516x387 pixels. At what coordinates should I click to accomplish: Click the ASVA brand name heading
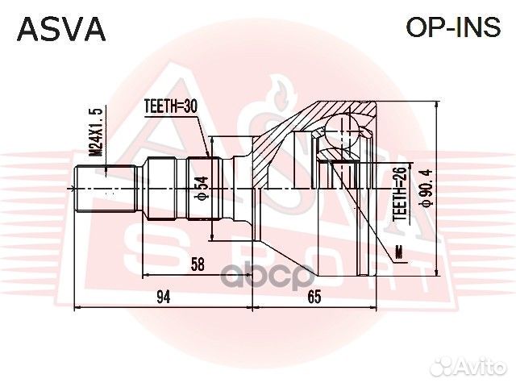62,29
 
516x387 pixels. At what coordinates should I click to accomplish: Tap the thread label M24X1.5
96,134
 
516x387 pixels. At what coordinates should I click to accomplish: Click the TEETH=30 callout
170,105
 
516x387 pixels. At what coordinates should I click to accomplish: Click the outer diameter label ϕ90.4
419,187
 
